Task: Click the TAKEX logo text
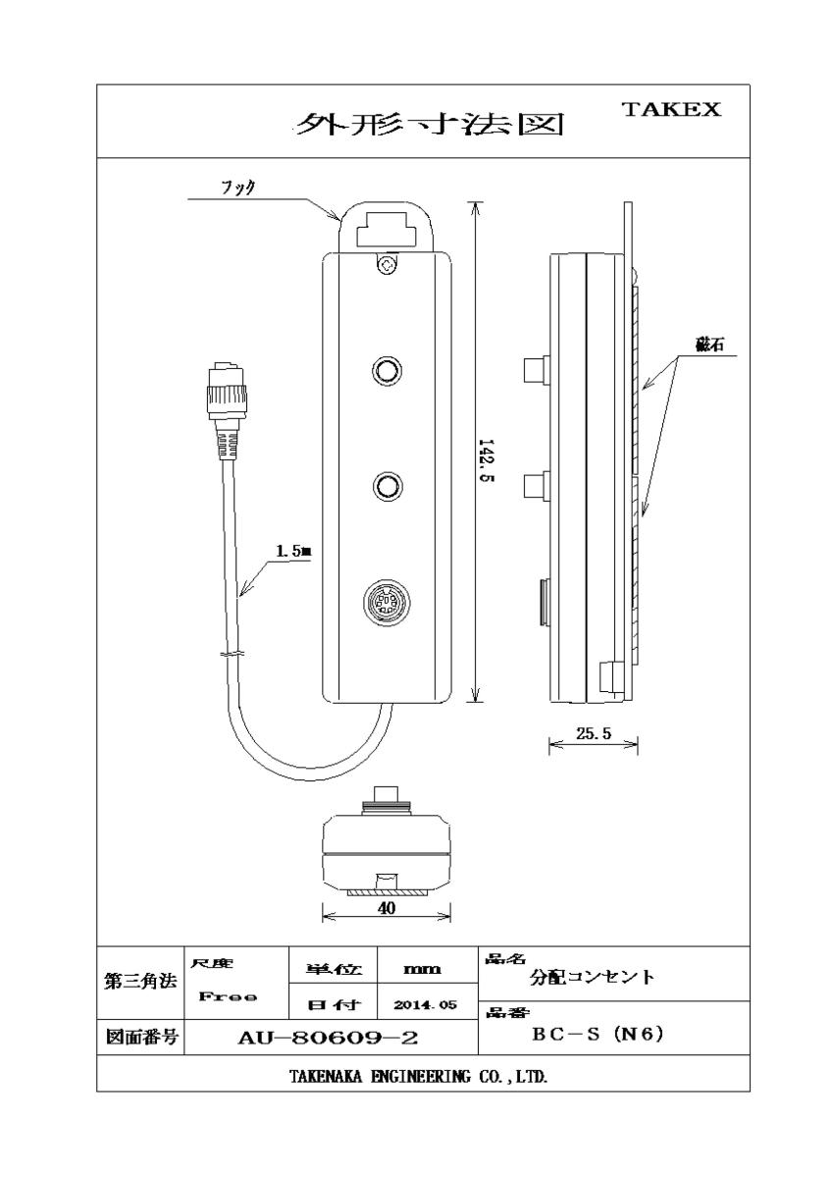pos(671,109)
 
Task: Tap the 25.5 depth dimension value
pos(594,733)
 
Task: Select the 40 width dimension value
pos(387,908)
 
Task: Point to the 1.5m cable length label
pos(293,551)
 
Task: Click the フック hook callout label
pos(238,187)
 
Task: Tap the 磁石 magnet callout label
pos(709,345)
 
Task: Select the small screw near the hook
pos(387,264)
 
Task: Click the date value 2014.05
pos(425,1005)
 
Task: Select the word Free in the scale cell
pos(228,996)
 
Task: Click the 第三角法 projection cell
pos(140,982)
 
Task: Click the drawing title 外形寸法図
pos(429,124)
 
